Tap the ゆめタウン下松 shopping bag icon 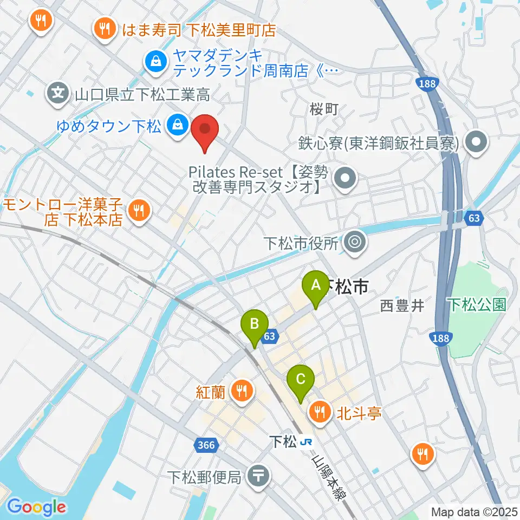point(177,127)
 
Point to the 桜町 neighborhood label point(324,109)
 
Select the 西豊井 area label point(401,306)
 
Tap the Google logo point(36,507)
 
